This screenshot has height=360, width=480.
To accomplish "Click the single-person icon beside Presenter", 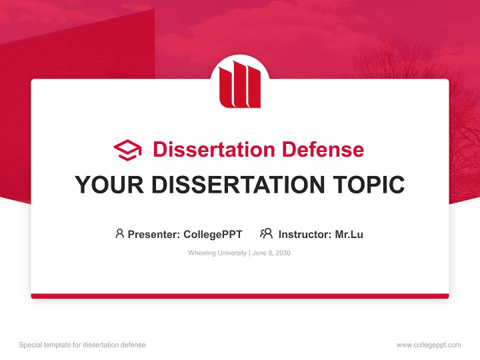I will click(x=119, y=233).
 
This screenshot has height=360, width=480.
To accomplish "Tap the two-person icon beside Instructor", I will click(x=266, y=233).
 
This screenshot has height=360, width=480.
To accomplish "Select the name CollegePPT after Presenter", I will click(x=213, y=234).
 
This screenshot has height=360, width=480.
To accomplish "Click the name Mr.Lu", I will click(x=349, y=234).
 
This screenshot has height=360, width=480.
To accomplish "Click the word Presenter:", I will click(x=154, y=234).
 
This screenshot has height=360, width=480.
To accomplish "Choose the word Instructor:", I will click(x=305, y=234).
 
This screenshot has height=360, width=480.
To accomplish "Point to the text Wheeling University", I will click(x=217, y=253).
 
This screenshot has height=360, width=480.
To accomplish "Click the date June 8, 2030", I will click(x=271, y=253).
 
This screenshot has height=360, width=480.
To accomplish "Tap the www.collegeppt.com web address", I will click(x=428, y=345).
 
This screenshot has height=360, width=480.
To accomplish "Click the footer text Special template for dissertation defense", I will click(x=82, y=345).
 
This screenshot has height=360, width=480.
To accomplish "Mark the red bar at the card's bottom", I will click(x=240, y=296).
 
